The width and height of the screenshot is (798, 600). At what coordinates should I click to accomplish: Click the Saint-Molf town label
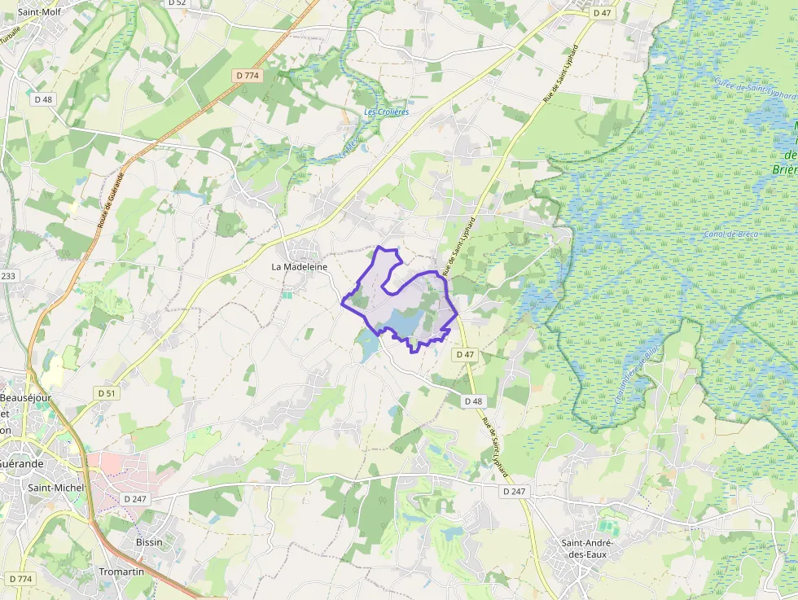point(39,12)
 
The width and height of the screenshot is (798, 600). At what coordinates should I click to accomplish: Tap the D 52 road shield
point(177,3)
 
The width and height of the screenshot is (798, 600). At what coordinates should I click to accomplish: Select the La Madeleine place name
point(299,266)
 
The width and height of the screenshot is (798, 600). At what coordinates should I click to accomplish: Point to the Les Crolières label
point(386,112)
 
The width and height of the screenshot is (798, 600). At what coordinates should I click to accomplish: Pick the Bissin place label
point(149,542)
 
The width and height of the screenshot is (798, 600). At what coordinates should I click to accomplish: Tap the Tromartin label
point(121,572)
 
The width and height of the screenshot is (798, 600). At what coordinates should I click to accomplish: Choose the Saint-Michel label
point(56,488)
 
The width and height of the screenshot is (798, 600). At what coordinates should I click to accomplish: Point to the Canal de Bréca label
point(730,234)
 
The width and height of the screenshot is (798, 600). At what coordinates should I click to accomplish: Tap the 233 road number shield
point(7,276)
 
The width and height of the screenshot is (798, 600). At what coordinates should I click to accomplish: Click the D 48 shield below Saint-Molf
point(43,99)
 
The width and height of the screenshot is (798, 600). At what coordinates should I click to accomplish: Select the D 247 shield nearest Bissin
point(135,498)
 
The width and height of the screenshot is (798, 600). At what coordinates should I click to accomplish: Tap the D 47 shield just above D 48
point(465,355)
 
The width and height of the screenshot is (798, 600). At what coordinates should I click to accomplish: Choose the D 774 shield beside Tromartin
point(20,579)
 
